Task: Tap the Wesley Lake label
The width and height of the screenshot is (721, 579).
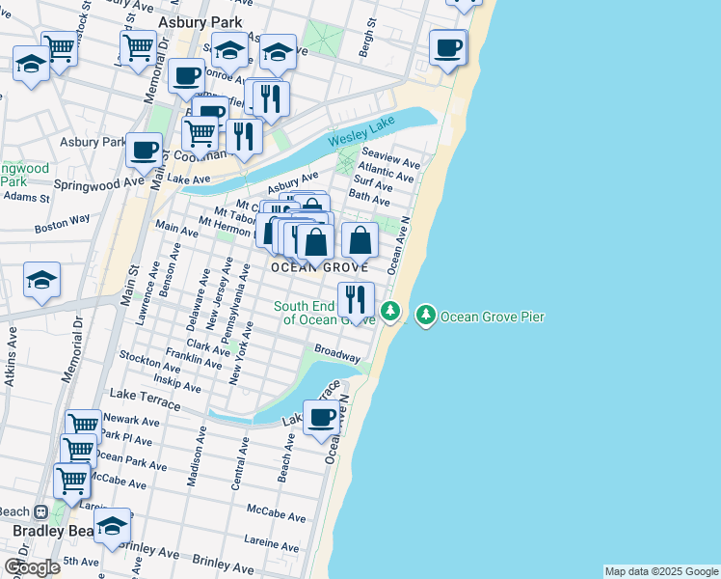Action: click(x=361, y=139)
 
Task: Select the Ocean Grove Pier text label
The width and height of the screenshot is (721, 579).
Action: click(x=493, y=317)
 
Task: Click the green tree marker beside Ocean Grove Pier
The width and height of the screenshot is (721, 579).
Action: click(x=426, y=315)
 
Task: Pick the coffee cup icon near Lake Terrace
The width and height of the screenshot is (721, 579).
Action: click(x=321, y=418)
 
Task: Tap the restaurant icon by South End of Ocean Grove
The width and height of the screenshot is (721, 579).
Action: click(x=356, y=299)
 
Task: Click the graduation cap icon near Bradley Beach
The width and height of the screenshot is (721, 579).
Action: click(x=112, y=526)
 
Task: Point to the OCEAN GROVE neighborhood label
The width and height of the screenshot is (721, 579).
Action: click(x=319, y=266)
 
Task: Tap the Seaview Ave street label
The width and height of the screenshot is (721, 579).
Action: click(x=390, y=157)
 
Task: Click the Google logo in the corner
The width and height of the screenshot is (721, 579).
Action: click(x=32, y=567)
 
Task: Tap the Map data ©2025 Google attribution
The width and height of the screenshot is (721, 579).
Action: click(x=661, y=571)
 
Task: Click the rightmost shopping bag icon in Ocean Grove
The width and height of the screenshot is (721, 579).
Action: click(x=360, y=239)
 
